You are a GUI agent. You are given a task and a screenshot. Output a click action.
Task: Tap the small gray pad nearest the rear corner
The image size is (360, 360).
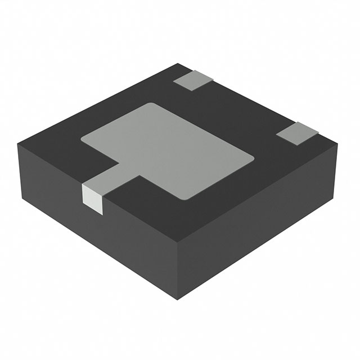(x=193, y=80)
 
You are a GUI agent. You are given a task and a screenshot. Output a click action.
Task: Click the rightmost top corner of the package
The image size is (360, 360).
(x=339, y=142)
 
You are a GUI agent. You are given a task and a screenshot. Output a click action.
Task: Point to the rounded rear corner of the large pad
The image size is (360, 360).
(x=150, y=104)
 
